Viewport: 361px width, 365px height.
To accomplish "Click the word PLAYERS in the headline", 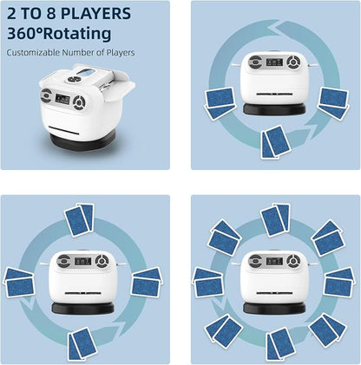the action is pos(95,13).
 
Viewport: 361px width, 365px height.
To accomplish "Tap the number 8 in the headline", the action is pos(51,13).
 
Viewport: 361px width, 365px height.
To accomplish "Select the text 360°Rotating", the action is pos(59,33).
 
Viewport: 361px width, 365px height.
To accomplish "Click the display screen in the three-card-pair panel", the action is pos(274,62).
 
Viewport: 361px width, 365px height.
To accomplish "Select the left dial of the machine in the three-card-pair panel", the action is pos(256,62).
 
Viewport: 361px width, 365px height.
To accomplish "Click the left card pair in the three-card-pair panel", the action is pos(220,103).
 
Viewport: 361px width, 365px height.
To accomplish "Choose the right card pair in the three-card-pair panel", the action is pos(334,102).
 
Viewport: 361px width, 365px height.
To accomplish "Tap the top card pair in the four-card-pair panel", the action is pos(80,220).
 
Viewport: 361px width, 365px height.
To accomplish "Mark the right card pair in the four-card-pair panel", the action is pos(147,282).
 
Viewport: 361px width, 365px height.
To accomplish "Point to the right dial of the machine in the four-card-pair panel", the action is pos(102,261).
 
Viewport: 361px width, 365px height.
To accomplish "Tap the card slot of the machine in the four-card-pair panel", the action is pos(83,293).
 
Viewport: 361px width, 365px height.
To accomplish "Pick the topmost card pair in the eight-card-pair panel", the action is pos(275,220).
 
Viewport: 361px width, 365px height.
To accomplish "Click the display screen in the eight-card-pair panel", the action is pos(274,261).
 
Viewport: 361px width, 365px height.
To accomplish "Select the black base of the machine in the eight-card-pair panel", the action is pos(274,309).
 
